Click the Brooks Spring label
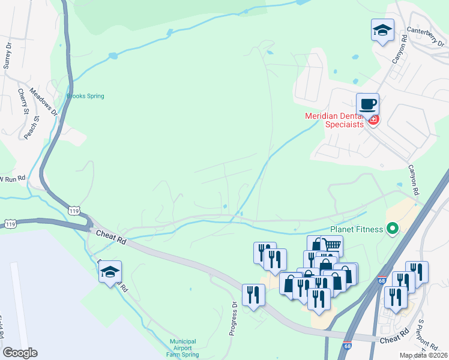85,96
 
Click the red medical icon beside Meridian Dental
373,120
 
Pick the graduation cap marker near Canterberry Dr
382,31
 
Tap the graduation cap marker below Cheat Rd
110,272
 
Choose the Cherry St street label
23,101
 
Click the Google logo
20,353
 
